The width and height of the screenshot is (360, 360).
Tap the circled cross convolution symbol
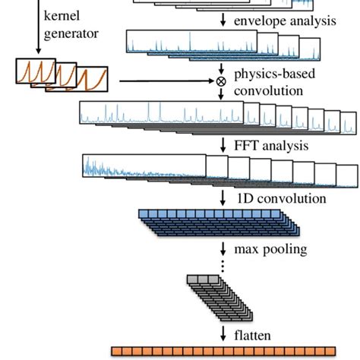coord(222,81)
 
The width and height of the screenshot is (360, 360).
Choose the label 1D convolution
coord(279,198)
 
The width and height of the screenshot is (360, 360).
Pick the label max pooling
coord(271,249)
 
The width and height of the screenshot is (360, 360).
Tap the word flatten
coord(253,334)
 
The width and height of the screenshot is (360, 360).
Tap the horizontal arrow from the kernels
coord(167,81)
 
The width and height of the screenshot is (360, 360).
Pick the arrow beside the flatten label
coord(223,333)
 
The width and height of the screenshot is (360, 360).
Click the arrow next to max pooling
coord(223,249)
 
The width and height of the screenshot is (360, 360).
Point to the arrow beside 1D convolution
coord(223,198)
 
